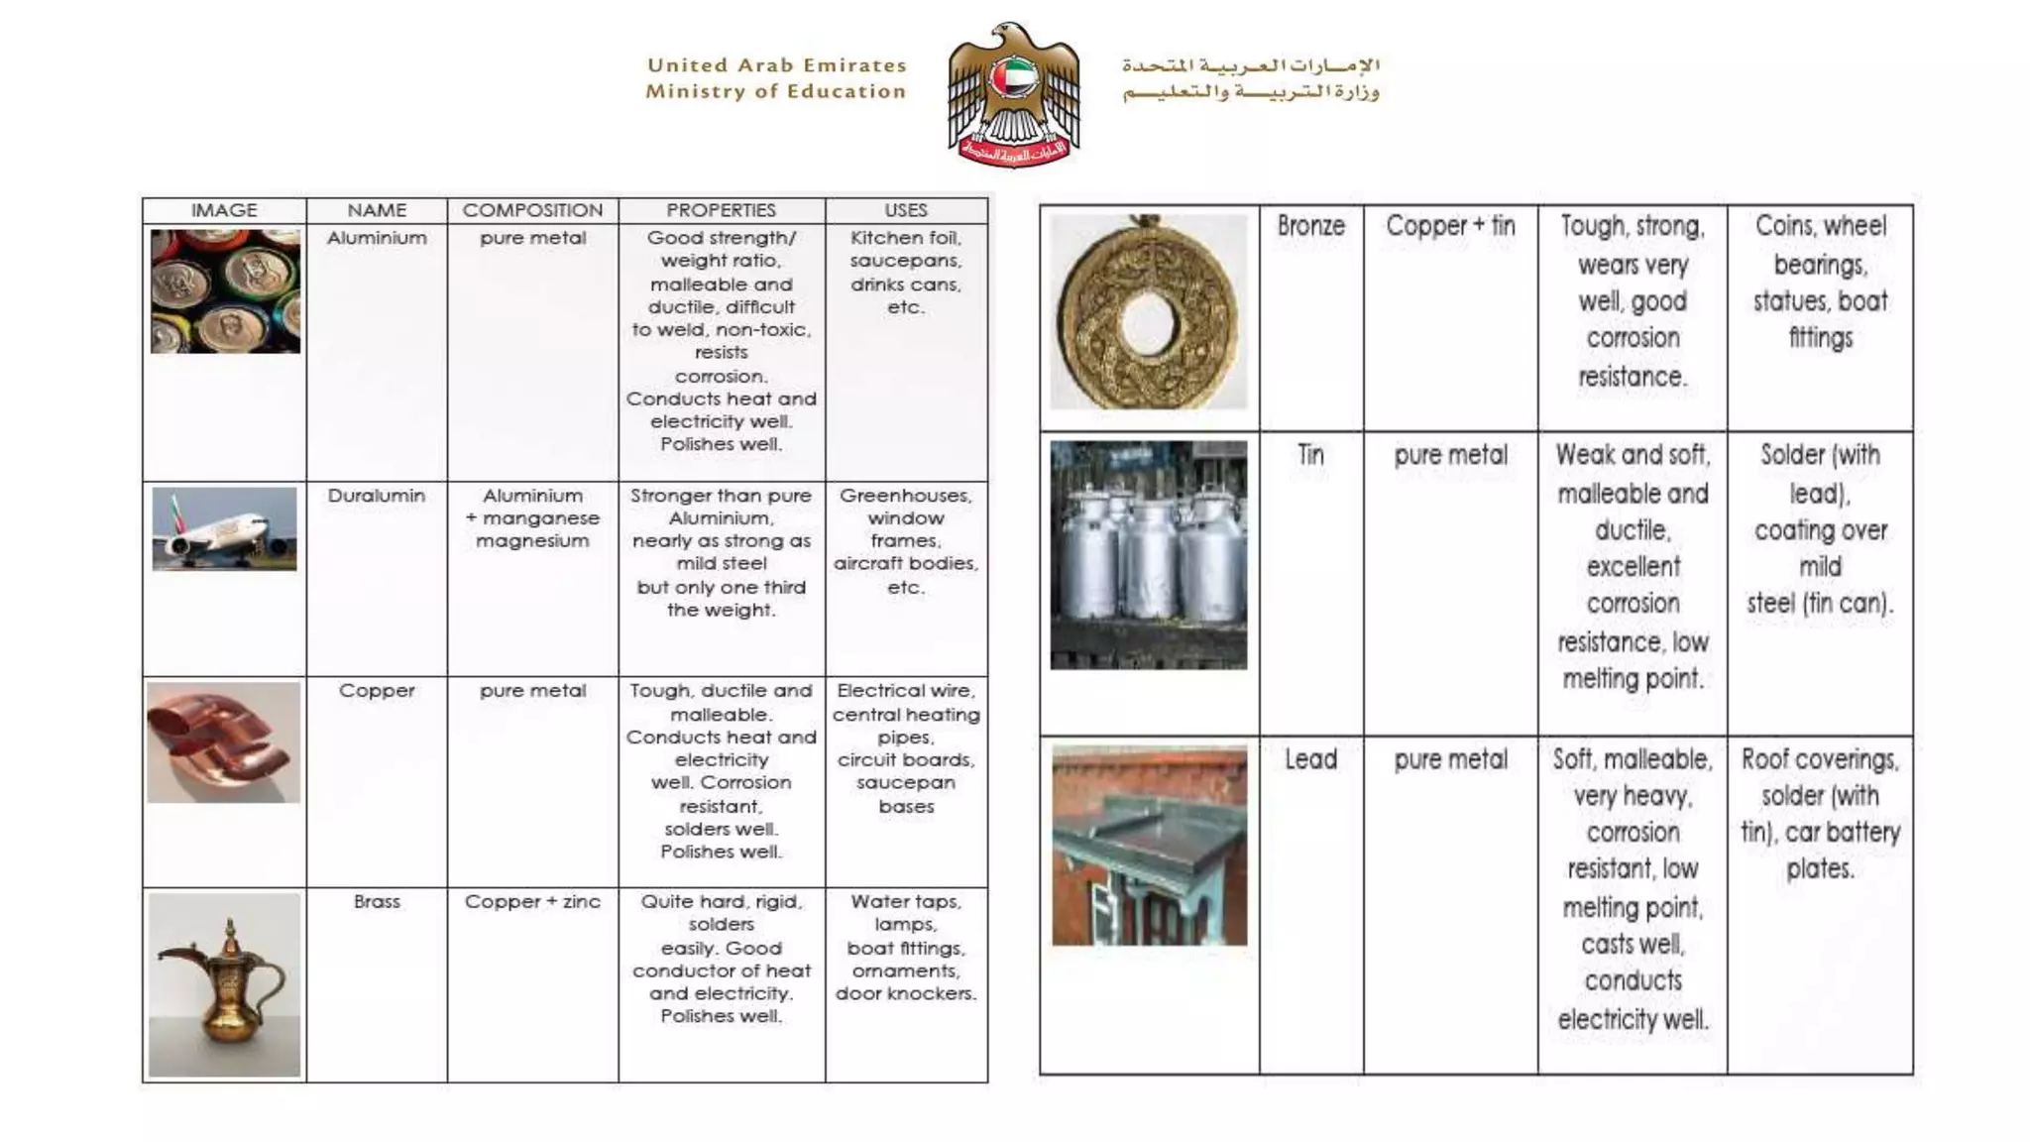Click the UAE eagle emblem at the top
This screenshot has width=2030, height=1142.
[x=1013, y=94]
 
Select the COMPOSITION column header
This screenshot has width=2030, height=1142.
[x=532, y=210]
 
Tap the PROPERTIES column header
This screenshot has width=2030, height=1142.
[x=721, y=210]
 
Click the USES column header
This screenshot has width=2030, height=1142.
[x=906, y=210]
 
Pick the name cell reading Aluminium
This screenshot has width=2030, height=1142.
[x=377, y=238]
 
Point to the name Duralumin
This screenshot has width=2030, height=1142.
[x=377, y=496]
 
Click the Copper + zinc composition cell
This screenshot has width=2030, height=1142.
[x=532, y=901]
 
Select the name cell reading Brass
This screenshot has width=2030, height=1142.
[x=377, y=901]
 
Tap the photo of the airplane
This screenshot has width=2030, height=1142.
[x=224, y=528]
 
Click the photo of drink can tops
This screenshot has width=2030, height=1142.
[x=225, y=291]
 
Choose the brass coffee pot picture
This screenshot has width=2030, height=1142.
[x=224, y=984]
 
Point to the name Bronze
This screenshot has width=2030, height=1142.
[x=1310, y=226]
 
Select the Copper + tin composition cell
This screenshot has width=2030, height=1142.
[x=1450, y=226]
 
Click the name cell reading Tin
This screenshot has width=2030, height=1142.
[x=1310, y=455]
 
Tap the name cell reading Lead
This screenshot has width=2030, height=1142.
[x=1310, y=759]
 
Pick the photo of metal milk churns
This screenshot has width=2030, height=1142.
[x=1149, y=555]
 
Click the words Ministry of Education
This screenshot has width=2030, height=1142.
[x=775, y=91]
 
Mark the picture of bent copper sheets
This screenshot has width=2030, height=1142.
[x=224, y=742]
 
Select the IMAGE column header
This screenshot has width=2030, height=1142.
[x=224, y=210]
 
